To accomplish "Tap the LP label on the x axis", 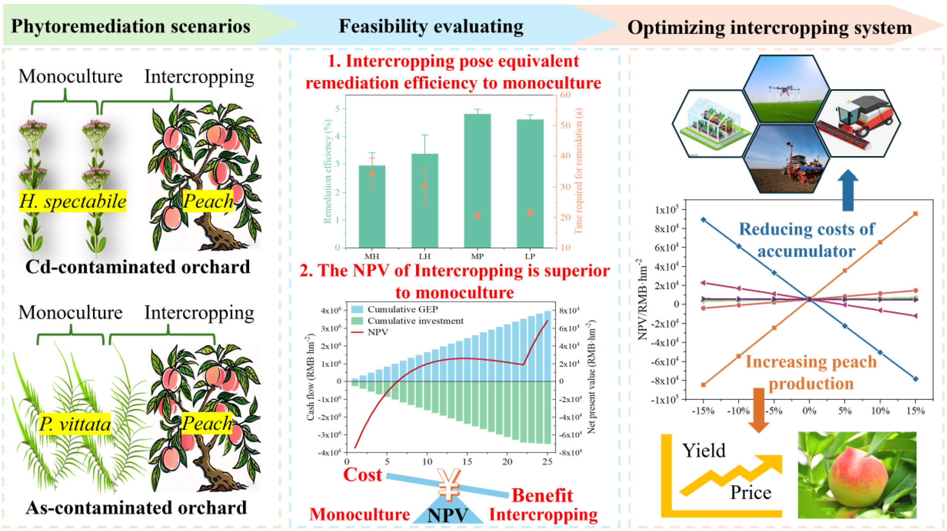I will coord(530,257).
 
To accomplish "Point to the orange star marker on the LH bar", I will coord(424,186).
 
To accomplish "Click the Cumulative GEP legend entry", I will coord(402,309).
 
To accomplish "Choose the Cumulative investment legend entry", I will coord(415,321).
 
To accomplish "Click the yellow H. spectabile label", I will coord(73,201).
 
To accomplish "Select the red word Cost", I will coord(362,475).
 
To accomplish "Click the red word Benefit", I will coord(542,496).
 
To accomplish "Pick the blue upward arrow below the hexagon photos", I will coord(848,190).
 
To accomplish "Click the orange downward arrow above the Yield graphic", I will coord(759,409).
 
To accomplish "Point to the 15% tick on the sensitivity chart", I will coord(915,411).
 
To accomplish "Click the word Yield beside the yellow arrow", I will coord(704,451).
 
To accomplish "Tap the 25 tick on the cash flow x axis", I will coord(547,462).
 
